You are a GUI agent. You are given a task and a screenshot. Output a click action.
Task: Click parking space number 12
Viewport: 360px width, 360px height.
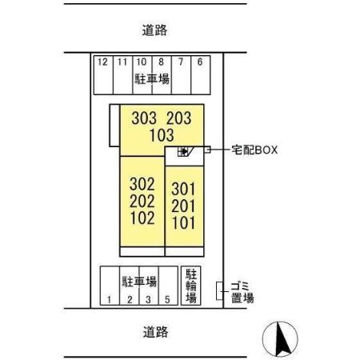[102, 62]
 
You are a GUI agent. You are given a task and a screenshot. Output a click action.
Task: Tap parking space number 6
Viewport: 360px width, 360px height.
[199, 62]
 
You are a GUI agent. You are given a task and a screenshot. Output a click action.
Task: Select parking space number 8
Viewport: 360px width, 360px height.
[161, 62]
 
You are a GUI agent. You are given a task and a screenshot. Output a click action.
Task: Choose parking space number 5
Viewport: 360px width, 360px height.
[166, 300]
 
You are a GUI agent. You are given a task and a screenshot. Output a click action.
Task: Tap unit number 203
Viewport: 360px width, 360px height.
[178, 118]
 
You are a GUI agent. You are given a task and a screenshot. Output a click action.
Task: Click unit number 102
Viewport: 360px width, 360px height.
[141, 218]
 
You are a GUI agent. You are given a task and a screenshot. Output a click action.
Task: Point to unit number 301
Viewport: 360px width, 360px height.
[183, 190]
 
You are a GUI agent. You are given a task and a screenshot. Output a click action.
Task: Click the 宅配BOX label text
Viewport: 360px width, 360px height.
[254, 149]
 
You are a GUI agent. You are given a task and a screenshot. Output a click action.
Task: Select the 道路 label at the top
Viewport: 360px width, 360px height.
[158, 31]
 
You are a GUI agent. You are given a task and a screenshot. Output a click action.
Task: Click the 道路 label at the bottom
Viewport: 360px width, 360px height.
[158, 331]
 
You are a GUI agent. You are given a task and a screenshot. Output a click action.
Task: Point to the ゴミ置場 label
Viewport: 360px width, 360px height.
[242, 292]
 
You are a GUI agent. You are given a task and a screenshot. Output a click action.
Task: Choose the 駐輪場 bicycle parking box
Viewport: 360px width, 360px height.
[191, 286]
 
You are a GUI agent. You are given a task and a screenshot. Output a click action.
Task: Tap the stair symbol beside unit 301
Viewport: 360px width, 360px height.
[183, 152]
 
